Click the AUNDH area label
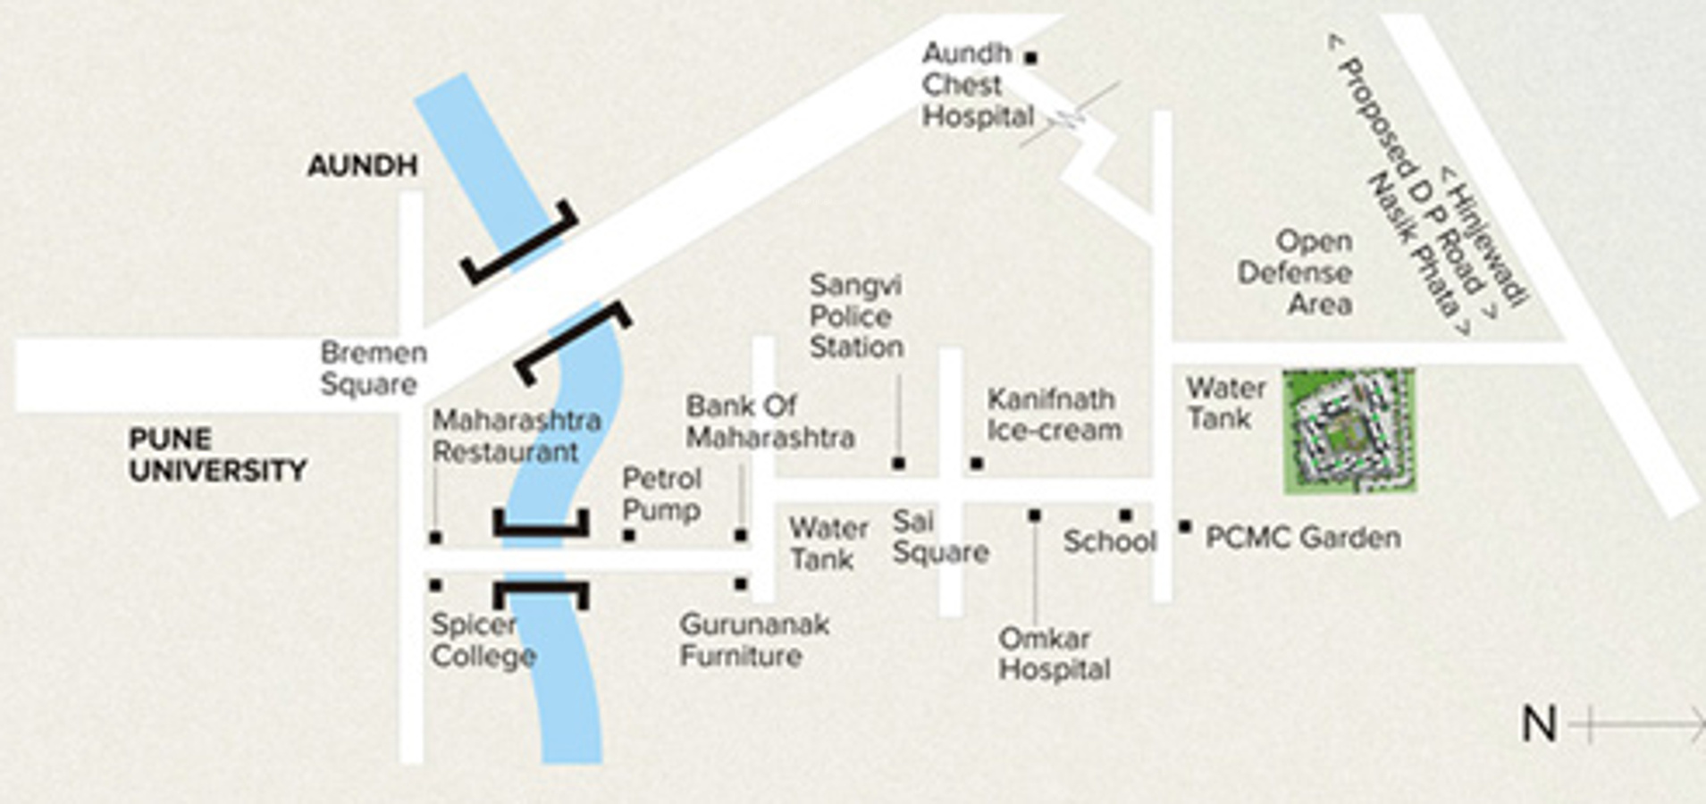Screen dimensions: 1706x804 tap(363, 165)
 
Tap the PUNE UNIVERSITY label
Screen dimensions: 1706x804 tap(218, 455)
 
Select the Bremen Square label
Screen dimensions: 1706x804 tap(374, 368)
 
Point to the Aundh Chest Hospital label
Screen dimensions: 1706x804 tap(978, 85)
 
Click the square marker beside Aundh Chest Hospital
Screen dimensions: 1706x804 tap(1030, 58)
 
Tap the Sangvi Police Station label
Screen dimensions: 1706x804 tap(856, 316)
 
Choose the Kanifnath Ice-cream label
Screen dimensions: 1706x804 tap(1055, 415)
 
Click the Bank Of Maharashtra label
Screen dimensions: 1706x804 tap(770, 421)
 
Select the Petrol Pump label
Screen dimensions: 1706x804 tap(661, 494)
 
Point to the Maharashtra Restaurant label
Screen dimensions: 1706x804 tap(517, 436)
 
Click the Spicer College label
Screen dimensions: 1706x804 tap(483, 640)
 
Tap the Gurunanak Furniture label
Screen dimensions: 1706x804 tap(754, 640)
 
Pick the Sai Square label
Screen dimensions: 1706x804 tap(940, 537)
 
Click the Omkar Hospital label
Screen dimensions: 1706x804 tap(1055, 654)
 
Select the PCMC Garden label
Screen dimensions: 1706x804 tap(1303, 538)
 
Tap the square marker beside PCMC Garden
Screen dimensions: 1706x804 tap(1185, 527)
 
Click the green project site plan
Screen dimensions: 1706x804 tap(1349, 431)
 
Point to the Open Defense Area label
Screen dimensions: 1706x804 tap(1294, 272)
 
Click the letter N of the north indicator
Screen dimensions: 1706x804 tap(1539, 724)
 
